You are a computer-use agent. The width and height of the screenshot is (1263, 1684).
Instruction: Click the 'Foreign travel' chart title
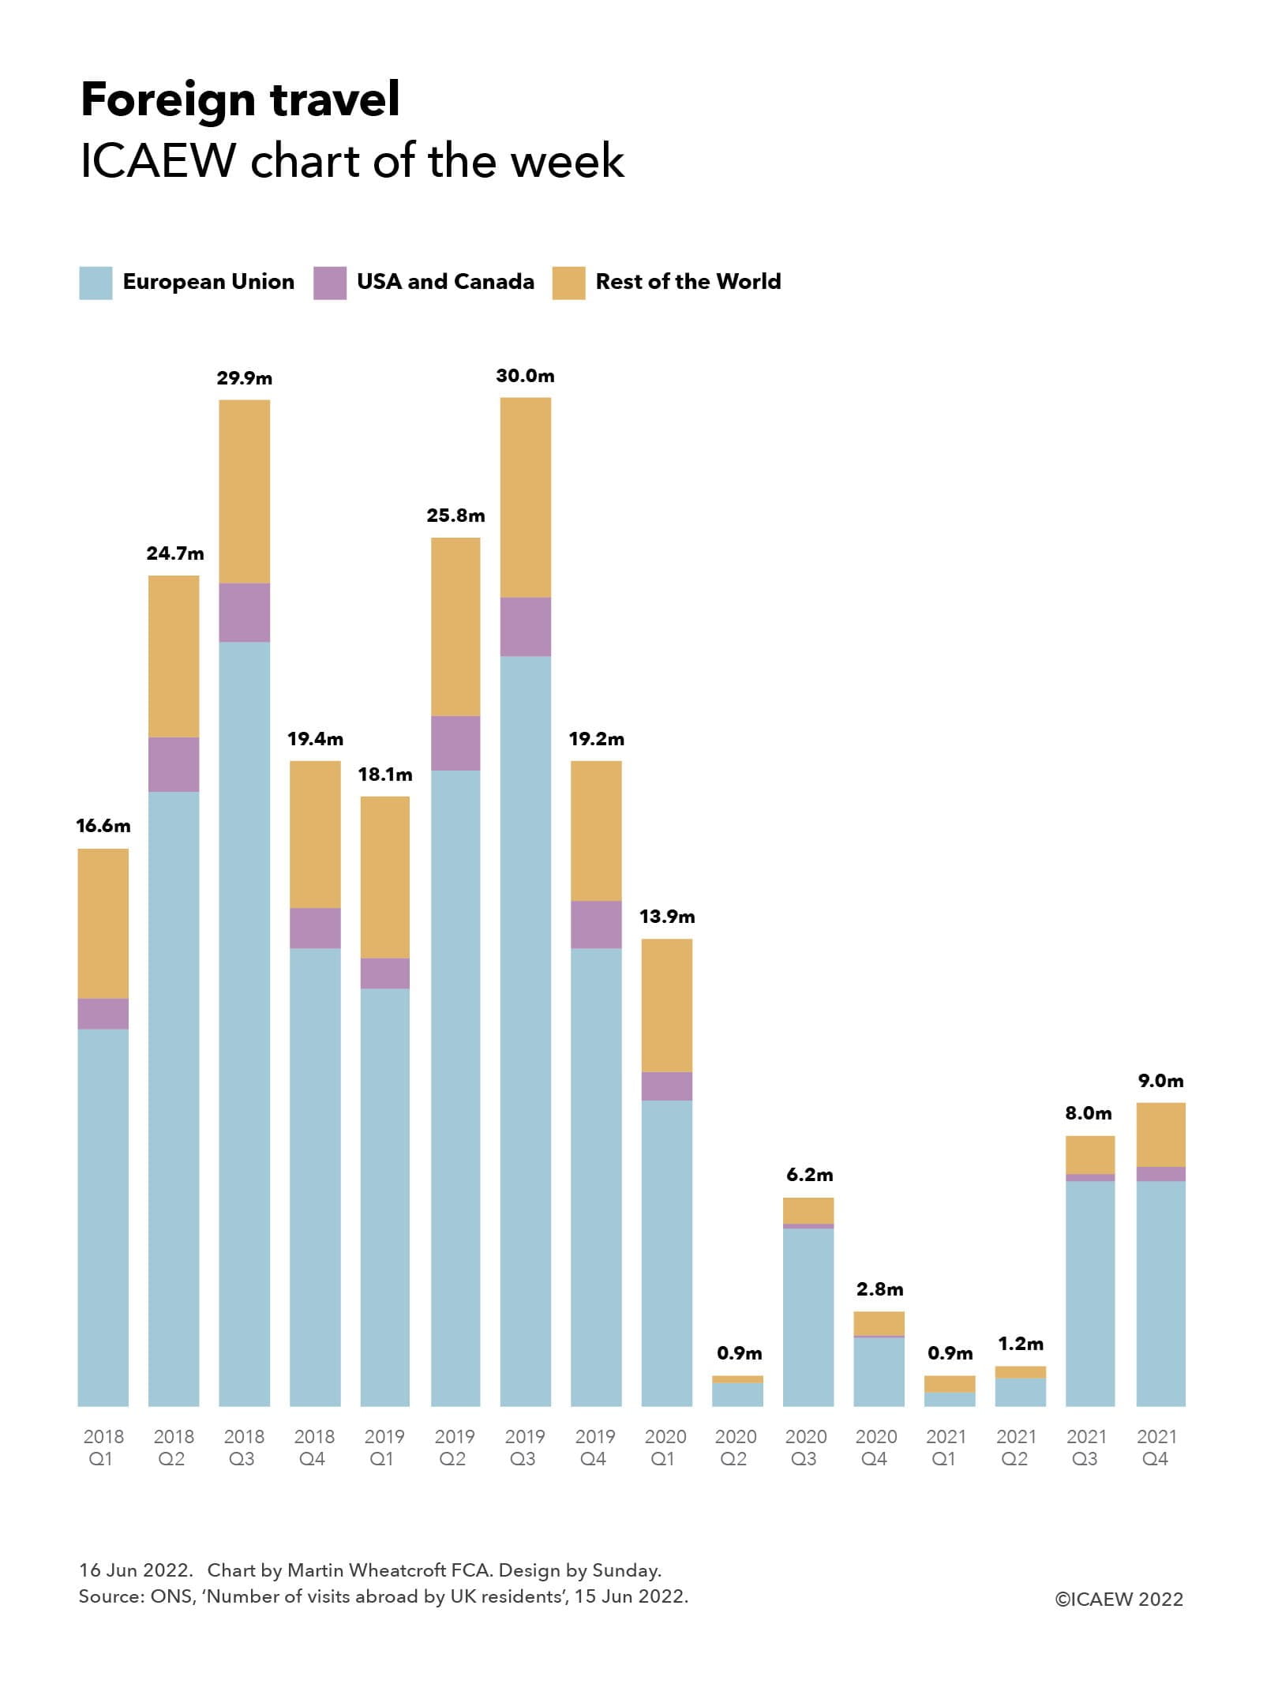(240, 100)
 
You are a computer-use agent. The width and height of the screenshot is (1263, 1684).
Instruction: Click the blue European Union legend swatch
(96, 283)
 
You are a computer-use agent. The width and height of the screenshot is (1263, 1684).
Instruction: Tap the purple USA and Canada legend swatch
(329, 283)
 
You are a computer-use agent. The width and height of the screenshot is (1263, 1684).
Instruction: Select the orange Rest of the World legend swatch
(568, 283)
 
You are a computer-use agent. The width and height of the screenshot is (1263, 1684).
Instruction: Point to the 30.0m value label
(525, 376)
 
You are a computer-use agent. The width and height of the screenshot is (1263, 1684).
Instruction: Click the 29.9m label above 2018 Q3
(245, 378)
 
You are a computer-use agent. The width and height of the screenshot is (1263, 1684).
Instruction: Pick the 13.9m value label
(667, 917)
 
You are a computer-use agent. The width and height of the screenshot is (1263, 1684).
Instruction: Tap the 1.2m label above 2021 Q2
(1020, 1343)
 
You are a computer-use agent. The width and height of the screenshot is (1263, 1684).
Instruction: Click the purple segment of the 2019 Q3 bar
(526, 626)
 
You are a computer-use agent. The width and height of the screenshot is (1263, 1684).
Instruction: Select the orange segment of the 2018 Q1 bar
(103, 923)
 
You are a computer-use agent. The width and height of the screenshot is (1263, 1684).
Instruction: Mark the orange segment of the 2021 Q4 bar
(1160, 1135)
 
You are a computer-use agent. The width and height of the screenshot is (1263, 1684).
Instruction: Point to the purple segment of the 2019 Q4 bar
(596, 925)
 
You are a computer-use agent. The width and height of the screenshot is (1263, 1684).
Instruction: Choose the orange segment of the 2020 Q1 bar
(667, 1005)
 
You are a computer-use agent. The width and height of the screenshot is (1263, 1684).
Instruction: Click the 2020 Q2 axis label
(735, 1447)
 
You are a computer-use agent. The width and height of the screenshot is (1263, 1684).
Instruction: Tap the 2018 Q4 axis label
(314, 1447)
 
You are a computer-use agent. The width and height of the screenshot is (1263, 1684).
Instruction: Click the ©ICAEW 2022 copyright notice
(1119, 1599)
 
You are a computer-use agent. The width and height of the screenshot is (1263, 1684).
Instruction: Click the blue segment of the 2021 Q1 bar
(950, 1399)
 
